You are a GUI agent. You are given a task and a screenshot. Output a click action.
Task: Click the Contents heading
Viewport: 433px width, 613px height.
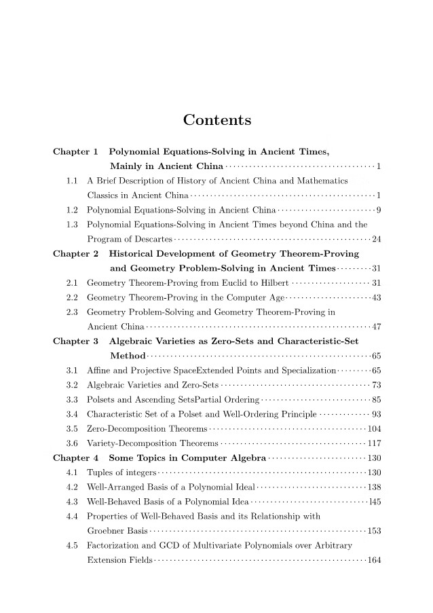pyautogui.click(x=217, y=121)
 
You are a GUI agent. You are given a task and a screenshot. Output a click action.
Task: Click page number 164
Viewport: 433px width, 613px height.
pyautogui.click(x=373, y=560)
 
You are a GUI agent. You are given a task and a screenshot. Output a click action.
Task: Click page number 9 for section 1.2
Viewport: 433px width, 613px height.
pyautogui.click(x=378, y=209)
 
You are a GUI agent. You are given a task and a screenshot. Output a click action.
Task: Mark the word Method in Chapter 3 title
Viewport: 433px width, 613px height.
pyautogui.click(x=127, y=356)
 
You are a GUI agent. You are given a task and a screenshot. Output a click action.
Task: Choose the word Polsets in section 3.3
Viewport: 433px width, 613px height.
pyautogui.click(x=102, y=399)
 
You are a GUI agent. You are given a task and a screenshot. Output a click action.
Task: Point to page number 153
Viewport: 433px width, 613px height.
pyautogui.click(x=373, y=531)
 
